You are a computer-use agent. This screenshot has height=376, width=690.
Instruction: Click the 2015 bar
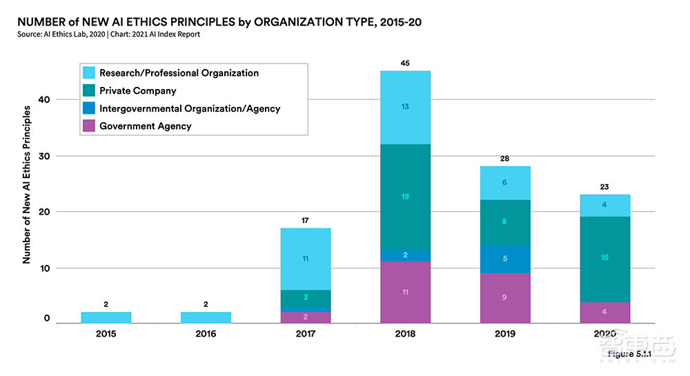click(106, 317)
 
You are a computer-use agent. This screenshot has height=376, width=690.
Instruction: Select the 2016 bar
click(206, 317)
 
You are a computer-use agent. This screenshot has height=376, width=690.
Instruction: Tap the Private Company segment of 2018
click(405, 197)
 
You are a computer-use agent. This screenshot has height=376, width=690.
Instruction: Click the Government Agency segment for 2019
click(505, 298)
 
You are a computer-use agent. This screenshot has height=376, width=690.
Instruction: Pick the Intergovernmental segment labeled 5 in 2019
click(505, 259)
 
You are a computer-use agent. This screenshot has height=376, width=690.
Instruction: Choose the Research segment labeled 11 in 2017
click(306, 259)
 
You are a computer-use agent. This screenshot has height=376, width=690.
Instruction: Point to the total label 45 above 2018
click(405, 63)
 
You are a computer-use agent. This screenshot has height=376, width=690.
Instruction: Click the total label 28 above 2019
click(505, 159)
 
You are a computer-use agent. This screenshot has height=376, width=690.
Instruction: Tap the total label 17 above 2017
click(306, 221)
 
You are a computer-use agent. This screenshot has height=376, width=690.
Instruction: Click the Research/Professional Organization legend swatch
click(89, 72)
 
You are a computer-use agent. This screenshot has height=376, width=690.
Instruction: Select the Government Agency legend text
click(146, 126)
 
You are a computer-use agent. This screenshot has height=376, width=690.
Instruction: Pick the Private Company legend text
click(138, 90)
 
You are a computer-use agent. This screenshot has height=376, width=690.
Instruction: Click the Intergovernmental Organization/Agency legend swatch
click(89, 108)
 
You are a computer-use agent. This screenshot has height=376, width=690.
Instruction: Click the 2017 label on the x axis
click(306, 335)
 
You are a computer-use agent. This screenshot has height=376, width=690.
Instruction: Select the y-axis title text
click(27, 184)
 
